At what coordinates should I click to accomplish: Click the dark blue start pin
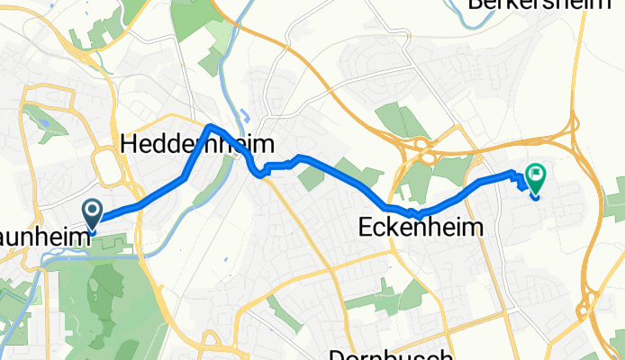pos(93,214)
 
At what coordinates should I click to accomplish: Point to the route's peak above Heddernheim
pos(210,125)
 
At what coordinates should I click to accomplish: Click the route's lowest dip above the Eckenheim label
pos(418,216)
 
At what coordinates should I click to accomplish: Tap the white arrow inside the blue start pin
pos(93,211)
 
